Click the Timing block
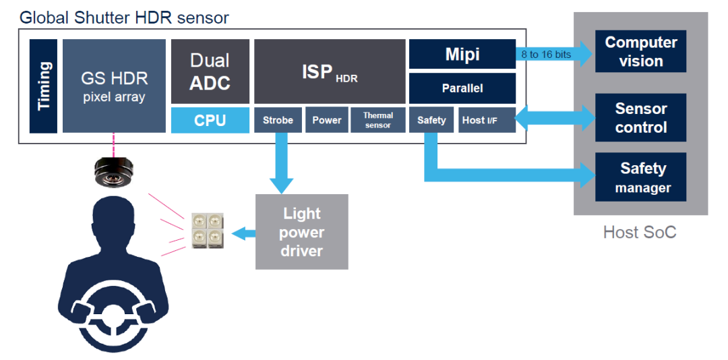click(43, 86)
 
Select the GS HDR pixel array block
click(114, 86)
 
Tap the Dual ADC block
click(210, 71)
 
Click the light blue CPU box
click(210, 120)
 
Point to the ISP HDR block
click(330, 71)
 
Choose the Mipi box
click(462, 54)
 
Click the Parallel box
click(462, 88)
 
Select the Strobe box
click(278, 120)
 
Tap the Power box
click(327, 120)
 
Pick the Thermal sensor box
click(377, 120)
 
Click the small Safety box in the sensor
click(431, 120)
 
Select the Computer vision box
click(640, 51)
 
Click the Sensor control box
click(640, 117)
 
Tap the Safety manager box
click(640, 177)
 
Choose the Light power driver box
click(302, 232)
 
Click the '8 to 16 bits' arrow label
click(546, 54)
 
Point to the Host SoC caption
click(639, 233)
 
